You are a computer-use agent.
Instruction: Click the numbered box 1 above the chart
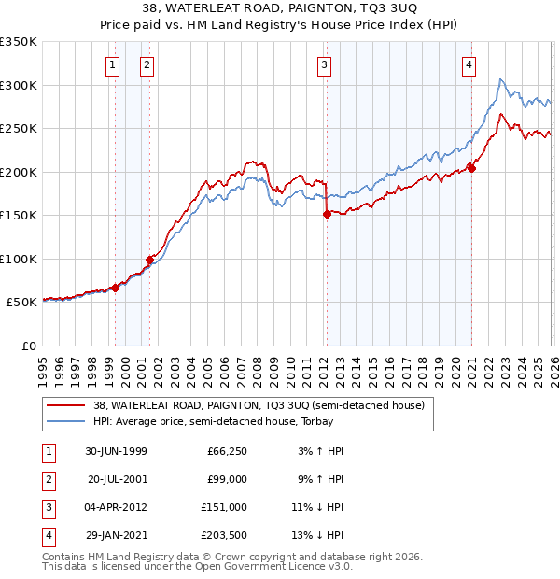click(x=112, y=64)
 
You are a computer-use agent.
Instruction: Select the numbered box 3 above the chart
click(x=323, y=64)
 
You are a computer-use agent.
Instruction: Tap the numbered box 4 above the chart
click(x=469, y=64)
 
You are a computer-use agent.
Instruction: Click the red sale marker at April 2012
click(x=327, y=214)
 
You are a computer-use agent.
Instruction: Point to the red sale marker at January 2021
click(x=472, y=169)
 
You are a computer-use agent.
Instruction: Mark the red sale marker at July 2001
click(x=149, y=260)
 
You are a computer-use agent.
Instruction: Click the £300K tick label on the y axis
click(x=19, y=85)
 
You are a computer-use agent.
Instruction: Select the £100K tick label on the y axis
click(x=19, y=259)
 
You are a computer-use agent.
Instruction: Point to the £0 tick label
click(x=27, y=346)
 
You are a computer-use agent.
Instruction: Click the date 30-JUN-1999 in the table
click(x=116, y=451)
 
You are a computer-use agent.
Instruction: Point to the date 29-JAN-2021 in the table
click(x=116, y=535)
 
